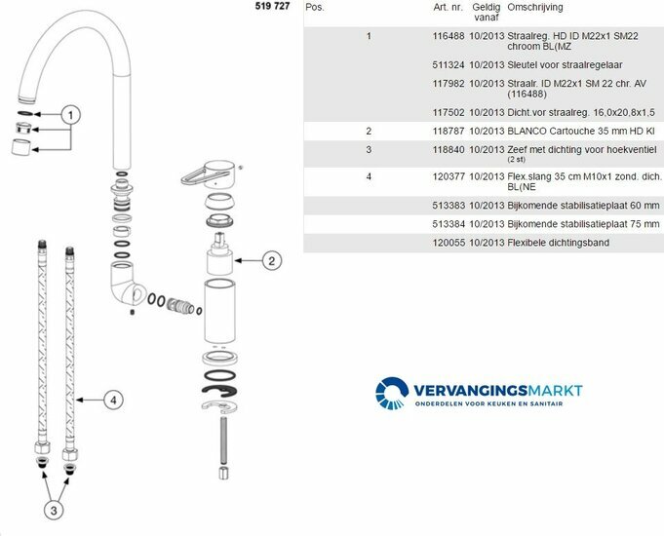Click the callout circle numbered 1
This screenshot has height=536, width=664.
coord(71,115)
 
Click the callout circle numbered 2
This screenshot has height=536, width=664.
coord(272,260)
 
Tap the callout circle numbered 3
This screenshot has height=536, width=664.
coord(54,510)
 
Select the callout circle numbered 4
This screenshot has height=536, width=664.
coord(113,401)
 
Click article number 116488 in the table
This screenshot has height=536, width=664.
coord(449,36)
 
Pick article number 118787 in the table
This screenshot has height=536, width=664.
coord(449,132)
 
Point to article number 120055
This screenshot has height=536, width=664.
coord(449,243)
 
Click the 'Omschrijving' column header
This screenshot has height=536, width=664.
coord(535,8)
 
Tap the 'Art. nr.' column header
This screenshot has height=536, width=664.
coord(449,8)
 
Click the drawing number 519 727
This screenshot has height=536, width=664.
coord(272,6)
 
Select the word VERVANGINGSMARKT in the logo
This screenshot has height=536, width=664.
coord(498,391)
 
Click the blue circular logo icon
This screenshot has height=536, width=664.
coord(392,394)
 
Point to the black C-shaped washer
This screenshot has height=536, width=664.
coord(219,391)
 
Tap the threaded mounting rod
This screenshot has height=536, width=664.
coord(223,440)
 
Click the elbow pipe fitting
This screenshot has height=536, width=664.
coord(126,283)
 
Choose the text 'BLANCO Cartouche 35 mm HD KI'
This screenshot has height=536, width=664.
coord(581,132)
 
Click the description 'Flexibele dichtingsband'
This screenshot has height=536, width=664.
coord(558,243)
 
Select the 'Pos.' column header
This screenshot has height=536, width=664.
coord(314,8)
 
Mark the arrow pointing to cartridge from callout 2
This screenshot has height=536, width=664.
coord(249,260)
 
